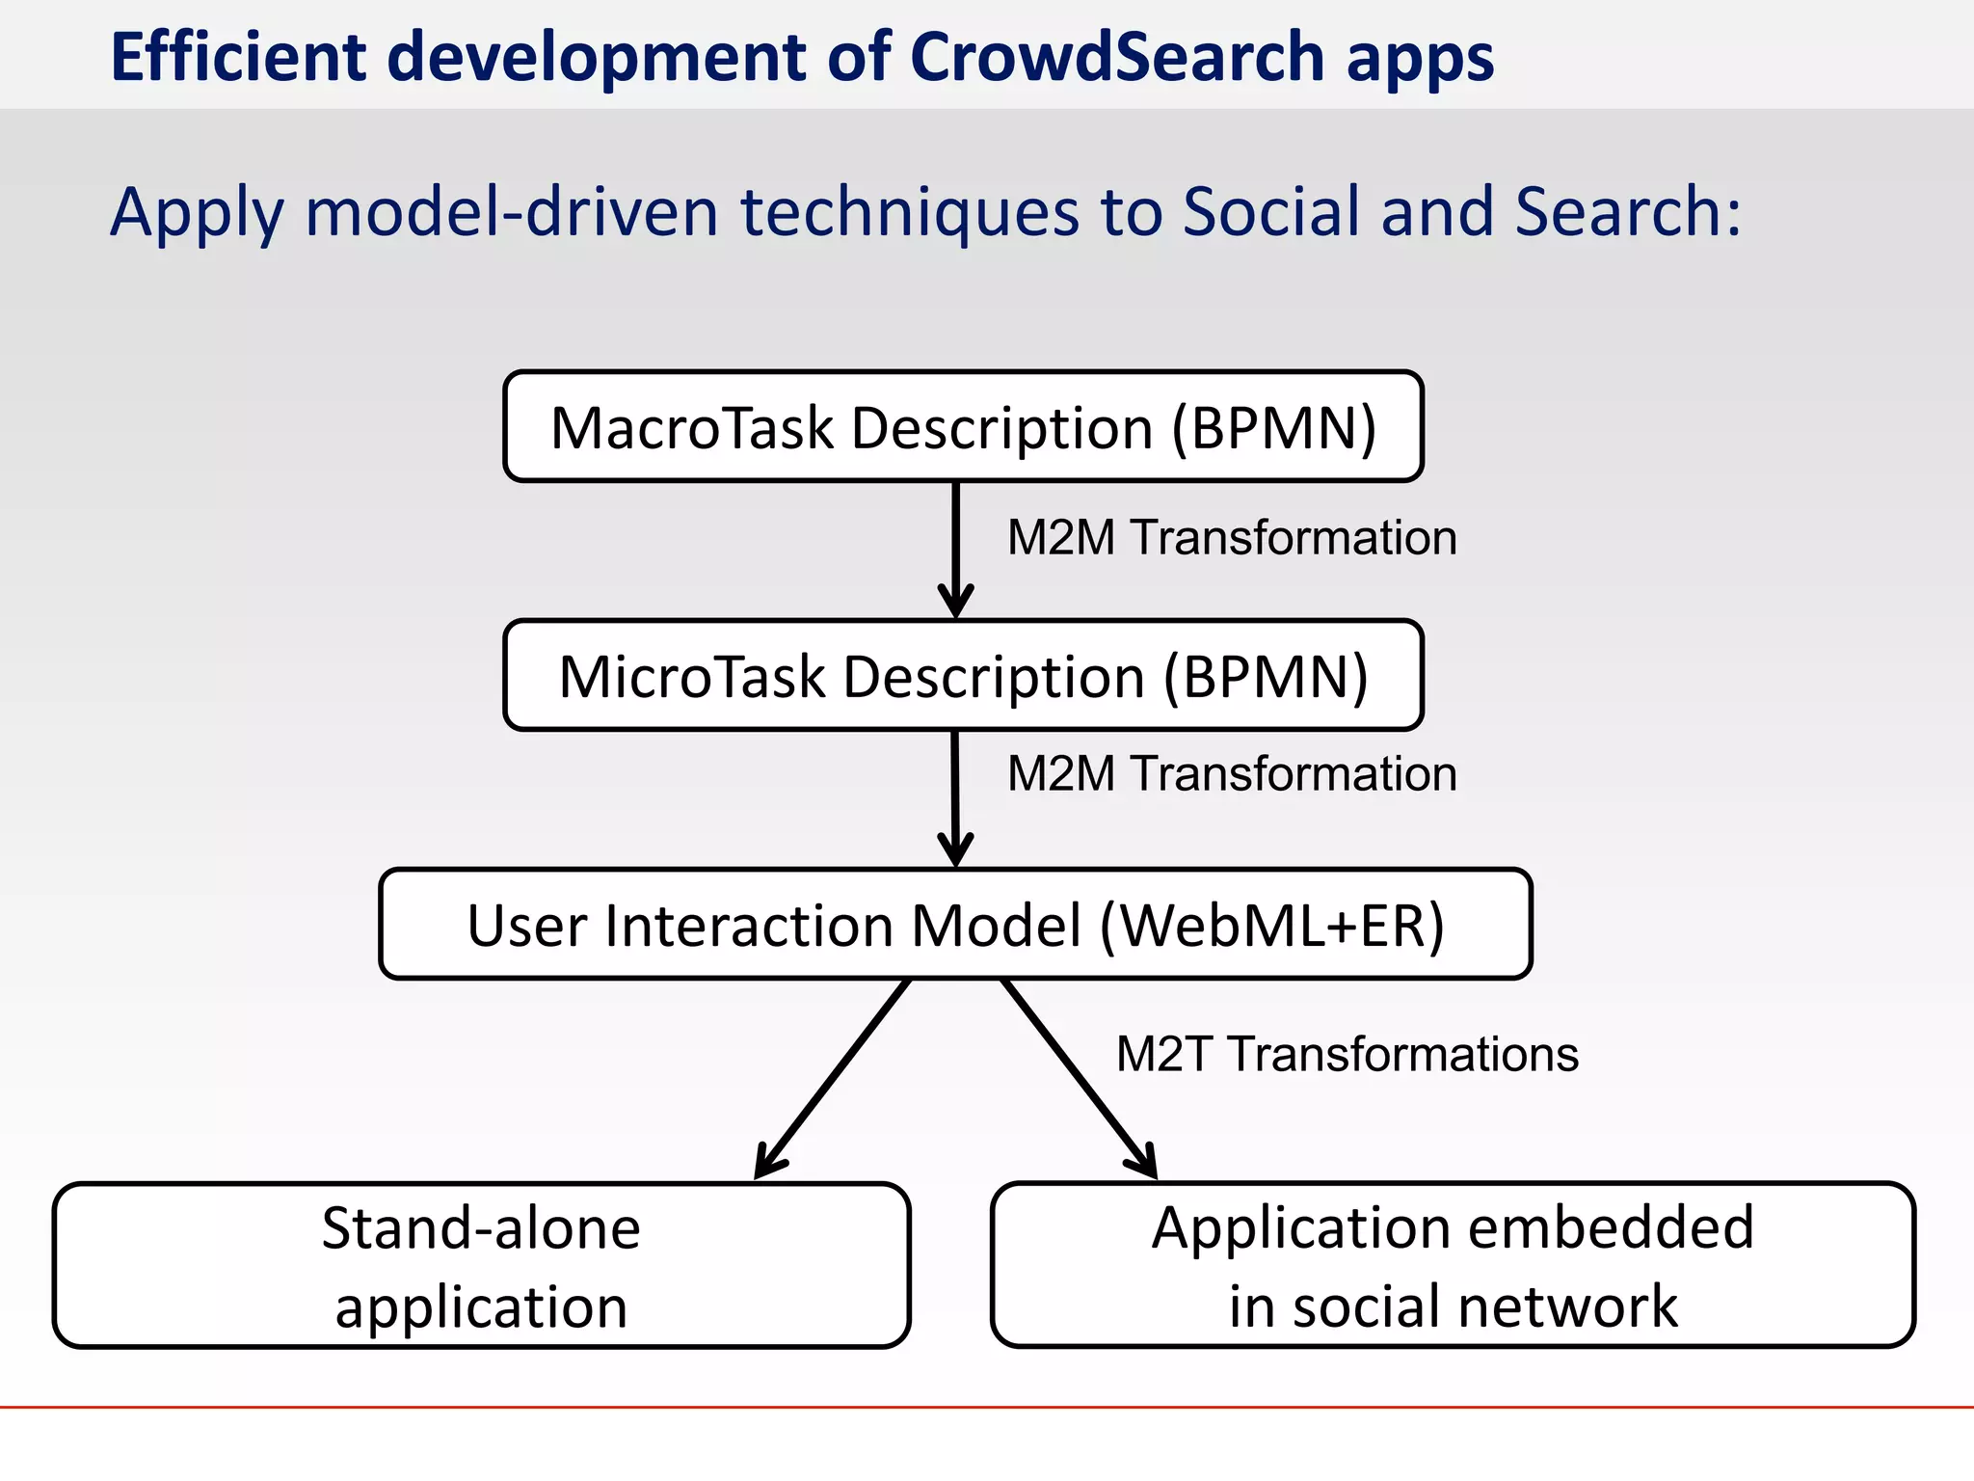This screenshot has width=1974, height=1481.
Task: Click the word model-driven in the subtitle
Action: (512, 211)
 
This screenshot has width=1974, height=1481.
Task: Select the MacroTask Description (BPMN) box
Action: (963, 426)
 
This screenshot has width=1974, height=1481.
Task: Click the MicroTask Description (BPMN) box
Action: (963, 675)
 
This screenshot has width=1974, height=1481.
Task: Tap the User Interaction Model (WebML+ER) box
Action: (955, 924)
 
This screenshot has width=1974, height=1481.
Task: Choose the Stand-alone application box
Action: (481, 1265)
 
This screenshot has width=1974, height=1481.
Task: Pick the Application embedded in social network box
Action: (1453, 1265)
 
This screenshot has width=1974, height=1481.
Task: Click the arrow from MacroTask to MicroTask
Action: (955, 550)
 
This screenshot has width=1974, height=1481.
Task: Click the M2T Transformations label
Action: (1347, 1054)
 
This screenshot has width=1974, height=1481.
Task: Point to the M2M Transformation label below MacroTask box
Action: (1231, 537)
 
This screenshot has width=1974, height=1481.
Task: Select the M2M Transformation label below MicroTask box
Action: (1231, 773)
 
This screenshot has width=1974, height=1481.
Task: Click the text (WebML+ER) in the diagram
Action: (1271, 926)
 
